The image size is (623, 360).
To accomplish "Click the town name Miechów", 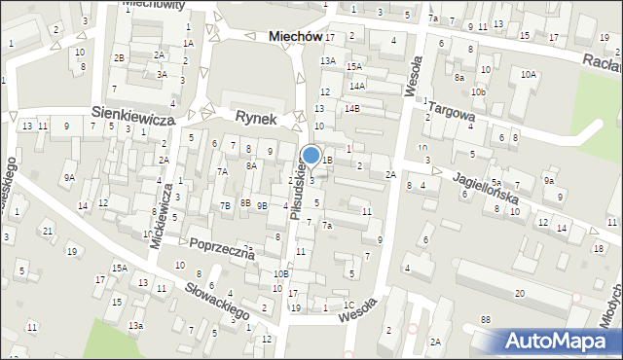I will [294, 35].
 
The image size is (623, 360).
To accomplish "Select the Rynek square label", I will [256, 117].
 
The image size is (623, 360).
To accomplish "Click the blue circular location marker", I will [311, 155].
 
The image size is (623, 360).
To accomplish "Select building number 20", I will [520, 293].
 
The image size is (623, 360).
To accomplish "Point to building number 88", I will [485, 319].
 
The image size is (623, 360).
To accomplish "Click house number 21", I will [47, 231].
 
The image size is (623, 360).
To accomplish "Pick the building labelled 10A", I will [528, 74].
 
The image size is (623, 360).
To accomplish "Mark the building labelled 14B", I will [350, 108].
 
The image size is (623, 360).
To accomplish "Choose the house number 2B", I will [119, 58].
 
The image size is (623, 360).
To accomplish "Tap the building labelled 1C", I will [348, 305].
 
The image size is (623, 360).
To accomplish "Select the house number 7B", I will [225, 204].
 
